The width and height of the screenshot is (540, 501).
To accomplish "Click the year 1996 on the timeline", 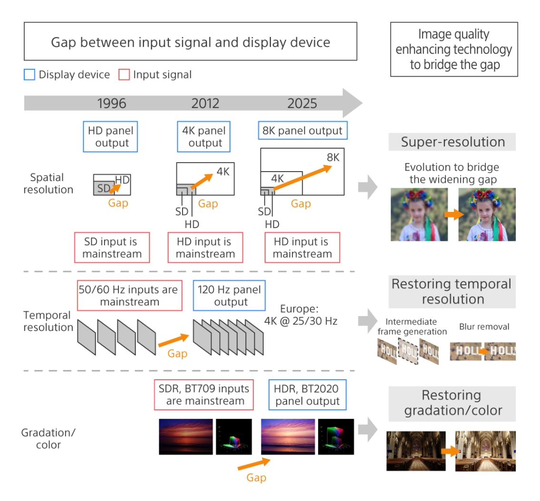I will [112, 103].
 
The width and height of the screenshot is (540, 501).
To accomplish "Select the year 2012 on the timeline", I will [206, 103].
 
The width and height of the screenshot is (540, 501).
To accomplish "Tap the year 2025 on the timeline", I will [302, 103].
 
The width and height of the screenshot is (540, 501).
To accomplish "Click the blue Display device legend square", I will [29, 75].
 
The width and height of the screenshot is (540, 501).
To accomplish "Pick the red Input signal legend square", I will [124, 75].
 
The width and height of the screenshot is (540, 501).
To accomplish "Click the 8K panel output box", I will [303, 131].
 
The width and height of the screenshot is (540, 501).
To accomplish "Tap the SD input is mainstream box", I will [112, 248].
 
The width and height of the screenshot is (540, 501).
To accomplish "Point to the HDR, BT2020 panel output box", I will [308, 394].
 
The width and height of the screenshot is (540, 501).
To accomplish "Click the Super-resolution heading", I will [452, 142].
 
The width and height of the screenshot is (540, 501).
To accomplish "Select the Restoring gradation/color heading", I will [452, 403].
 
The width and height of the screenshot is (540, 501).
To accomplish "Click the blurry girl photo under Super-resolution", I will [419, 214].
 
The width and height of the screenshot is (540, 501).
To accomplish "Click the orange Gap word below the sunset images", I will [256, 478].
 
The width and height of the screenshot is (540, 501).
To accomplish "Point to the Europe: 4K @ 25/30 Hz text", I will [301, 314].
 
